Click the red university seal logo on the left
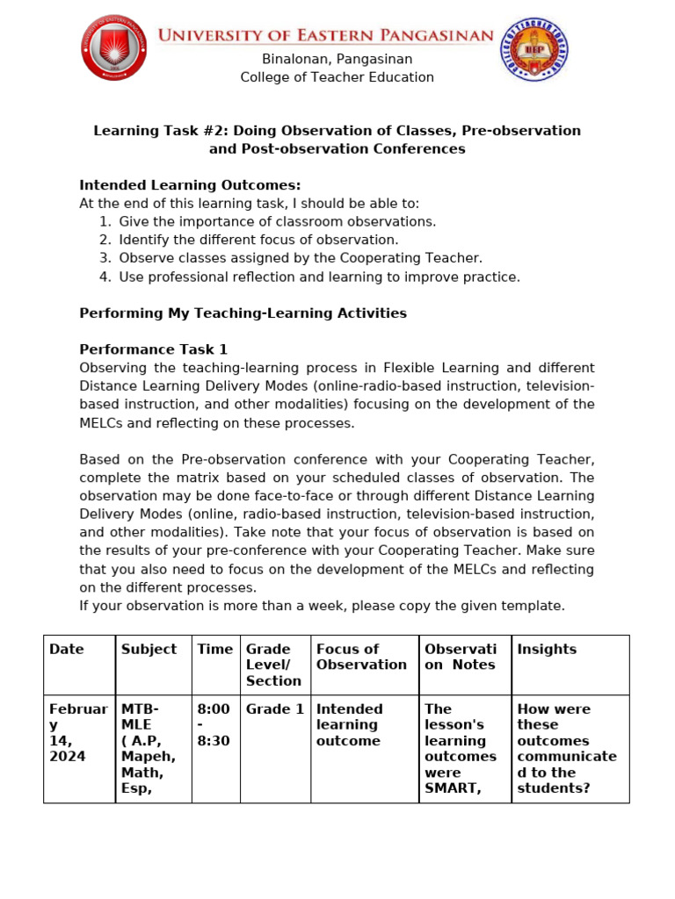[x=114, y=47]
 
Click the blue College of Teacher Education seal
[x=533, y=50]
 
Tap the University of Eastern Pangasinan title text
[x=325, y=35]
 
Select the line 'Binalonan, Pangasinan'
[x=337, y=59]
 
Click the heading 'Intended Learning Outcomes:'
[x=190, y=185]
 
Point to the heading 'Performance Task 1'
[x=154, y=349]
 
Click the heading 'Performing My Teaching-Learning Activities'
[x=243, y=313]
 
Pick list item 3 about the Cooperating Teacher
[x=301, y=258]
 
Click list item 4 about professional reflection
[x=319, y=277]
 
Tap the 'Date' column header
[x=67, y=650]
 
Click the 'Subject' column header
[x=149, y=650]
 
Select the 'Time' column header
[x=215, y=650]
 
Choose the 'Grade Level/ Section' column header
[x=273, y=665]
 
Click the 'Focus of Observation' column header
[x=361, y=657]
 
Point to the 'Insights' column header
[x=547, y=650]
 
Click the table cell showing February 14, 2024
[x=78, y=732]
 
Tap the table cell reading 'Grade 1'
[x=274, y=709]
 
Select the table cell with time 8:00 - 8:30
[x=214, y=724]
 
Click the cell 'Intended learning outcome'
[x=350, y=724]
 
